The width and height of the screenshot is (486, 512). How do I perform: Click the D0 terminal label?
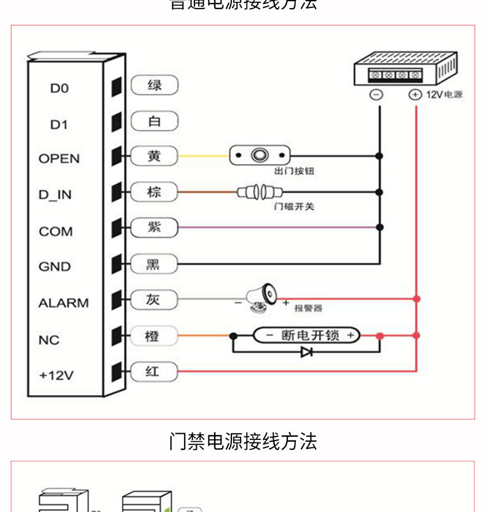coord(59,89)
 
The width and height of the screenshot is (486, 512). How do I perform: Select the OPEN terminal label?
coord(59,159)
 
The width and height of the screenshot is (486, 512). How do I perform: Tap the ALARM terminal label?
coord(63,303)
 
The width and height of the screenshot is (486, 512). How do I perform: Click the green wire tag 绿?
coord(154,85)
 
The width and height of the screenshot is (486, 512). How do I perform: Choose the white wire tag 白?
coord(154,121)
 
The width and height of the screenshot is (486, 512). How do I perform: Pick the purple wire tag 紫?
coord(154,227)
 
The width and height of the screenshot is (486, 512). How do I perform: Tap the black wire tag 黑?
coord(153,265)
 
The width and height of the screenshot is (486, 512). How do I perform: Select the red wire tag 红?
coord(153,372)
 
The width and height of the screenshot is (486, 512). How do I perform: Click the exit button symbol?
coord(259,155)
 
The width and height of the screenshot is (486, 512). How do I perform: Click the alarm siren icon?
coord(261,296)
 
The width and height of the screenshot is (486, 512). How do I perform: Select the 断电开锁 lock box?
coord(306,335)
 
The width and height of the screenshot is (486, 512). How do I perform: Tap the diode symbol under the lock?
coord(306,353)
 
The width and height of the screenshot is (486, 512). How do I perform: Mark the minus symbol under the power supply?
coord(376,95)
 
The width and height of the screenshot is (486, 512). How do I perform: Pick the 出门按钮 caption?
coord(294,171)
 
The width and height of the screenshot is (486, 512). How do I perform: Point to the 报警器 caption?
coord(308,308)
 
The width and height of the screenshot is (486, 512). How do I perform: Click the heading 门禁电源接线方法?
coord(243,441)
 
